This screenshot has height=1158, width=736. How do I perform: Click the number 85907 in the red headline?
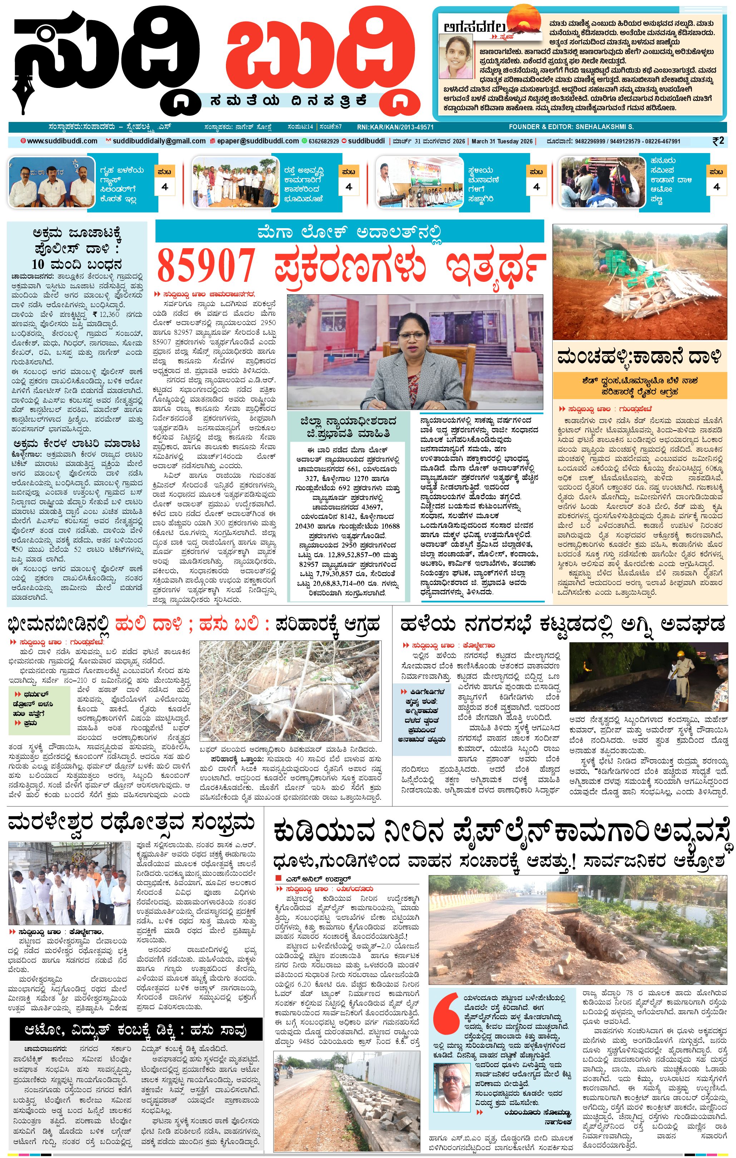click(x=206, y=266)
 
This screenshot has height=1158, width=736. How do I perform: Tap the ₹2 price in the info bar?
click(x=718, y=141)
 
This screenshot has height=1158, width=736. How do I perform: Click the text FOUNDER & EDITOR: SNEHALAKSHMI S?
click(x=571, y=127)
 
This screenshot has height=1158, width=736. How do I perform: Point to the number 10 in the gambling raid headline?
click(x=38, y=264)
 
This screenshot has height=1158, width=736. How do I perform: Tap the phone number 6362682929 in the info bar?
click(x=323, y=141)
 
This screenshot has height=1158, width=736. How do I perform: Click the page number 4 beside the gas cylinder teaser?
click(x=165, y=187)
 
